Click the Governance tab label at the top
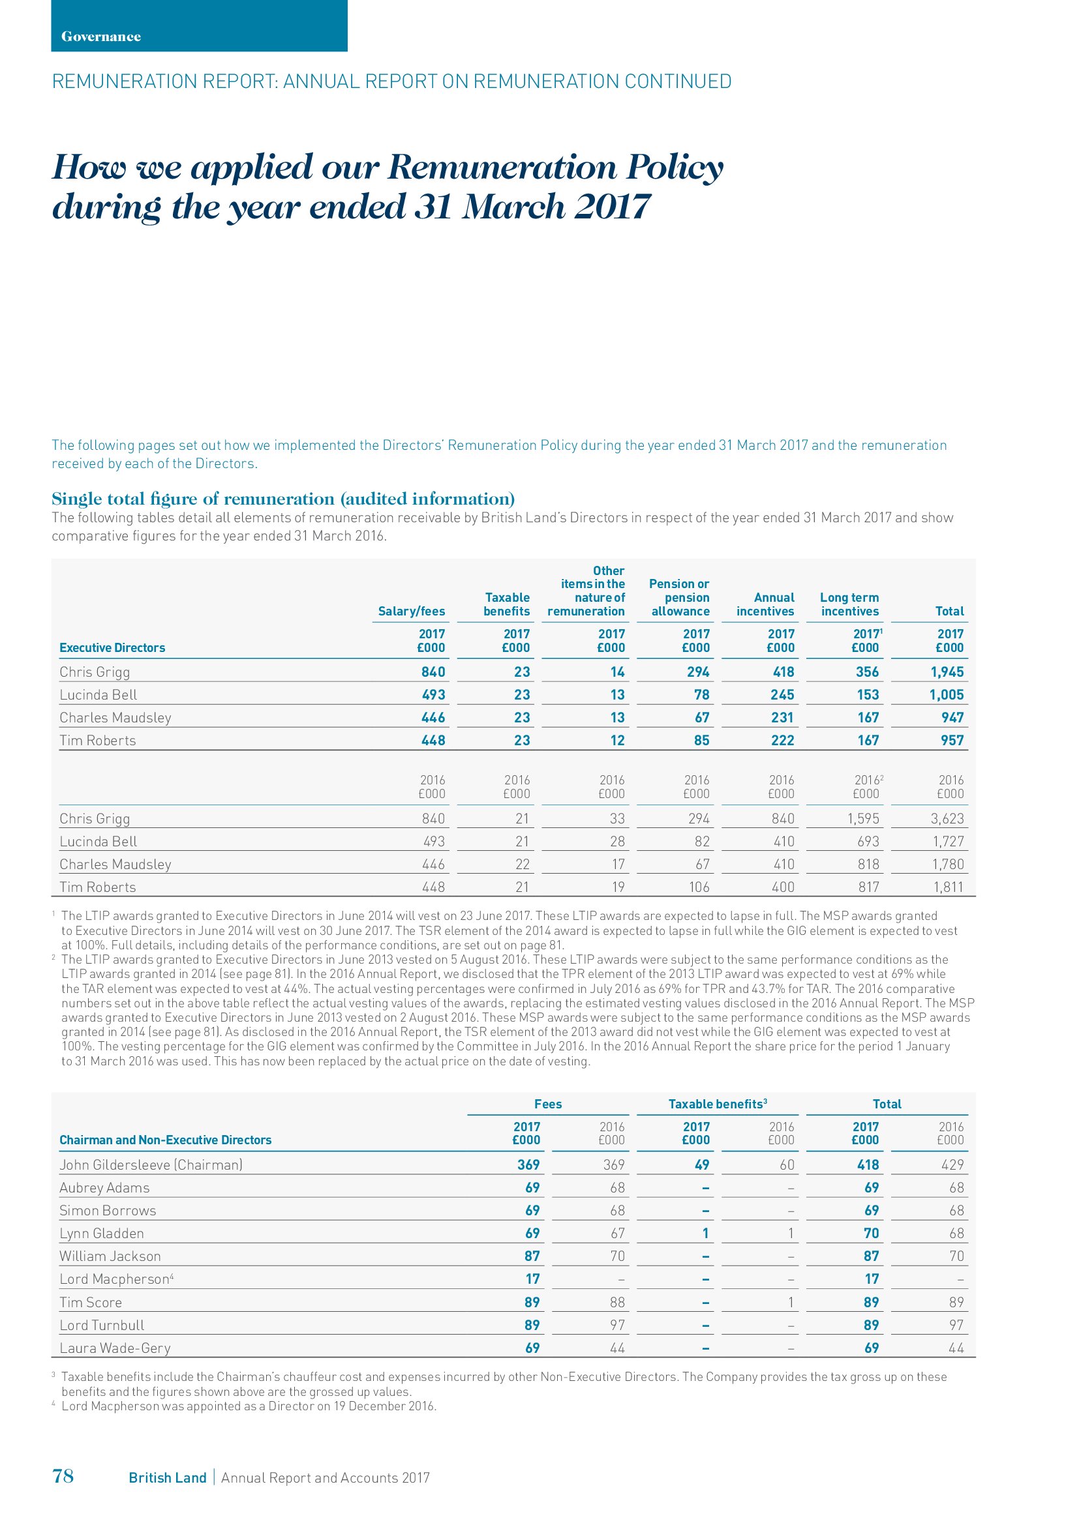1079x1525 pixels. pyautogui.click(x=101, y=37)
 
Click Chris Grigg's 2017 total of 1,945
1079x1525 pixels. pyautogui.click(x=947, y=672)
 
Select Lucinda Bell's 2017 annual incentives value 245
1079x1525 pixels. pyautogui.click(x=783, y=695)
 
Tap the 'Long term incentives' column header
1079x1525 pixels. pyautogui.click(x=849, y=604)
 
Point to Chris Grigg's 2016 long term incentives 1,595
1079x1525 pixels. pyautogui.click(x=863, y=818)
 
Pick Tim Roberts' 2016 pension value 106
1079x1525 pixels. pyautogui.click(x=699, y=887)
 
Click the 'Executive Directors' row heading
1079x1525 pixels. pyautogui.click(x=112, y=647)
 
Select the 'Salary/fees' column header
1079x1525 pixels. pyautogui.click(x=411, y=611)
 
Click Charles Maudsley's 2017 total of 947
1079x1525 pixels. pyautogui.click(x=952, y=717)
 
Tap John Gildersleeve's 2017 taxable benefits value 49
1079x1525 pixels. pyautogui.click(x=702, y=1164)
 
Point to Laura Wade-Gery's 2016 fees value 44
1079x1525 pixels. pyautogui.click(x=617, y=1348)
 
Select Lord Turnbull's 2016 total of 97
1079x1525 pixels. pyautogui.click(x=956, y=1325)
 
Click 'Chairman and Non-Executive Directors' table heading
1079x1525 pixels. pyautogui.click(x=166, y=1140)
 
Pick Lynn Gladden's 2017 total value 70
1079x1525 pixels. pyautogui.click(x=871, y=1234)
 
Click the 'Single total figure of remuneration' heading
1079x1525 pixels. pyautogui.click(x=283, y=499)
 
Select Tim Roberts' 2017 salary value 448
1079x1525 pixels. pyautogui.click(x=433, y=740)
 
